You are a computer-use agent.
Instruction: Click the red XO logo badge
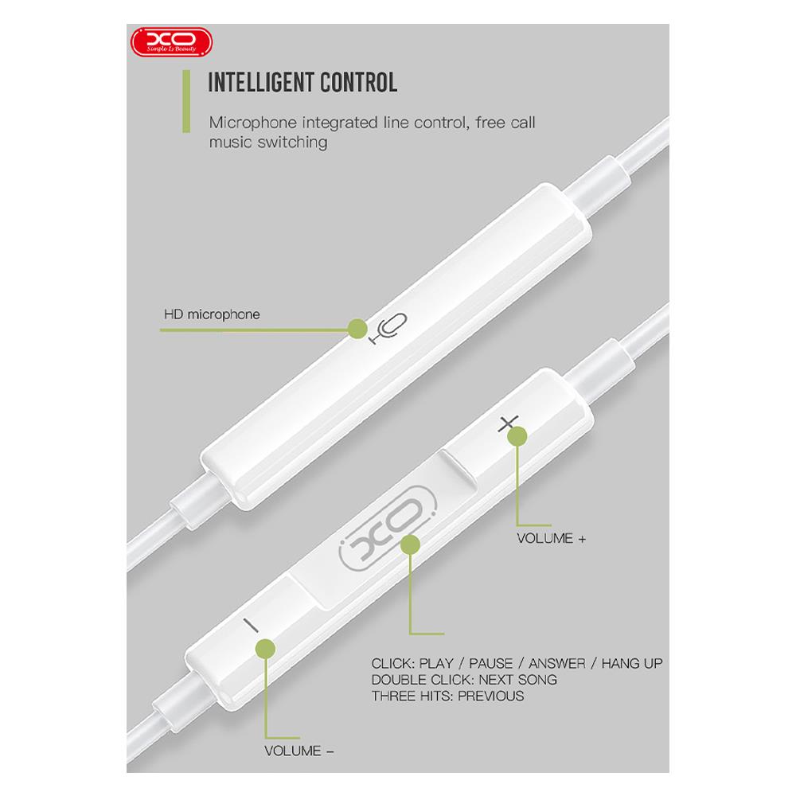pyautogui.click(x=172, y=41)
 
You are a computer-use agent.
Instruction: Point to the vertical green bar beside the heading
pyautogui.click(x=186, y=102)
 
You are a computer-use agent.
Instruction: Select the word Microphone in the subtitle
pyautogui.click(x=253, y=123)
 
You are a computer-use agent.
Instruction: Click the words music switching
pyautogui.click(x=268, y=142)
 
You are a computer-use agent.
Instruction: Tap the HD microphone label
pyautogui.click(x=212, y=314)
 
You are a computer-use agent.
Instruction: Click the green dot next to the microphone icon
pyautogui.click(x=357, y=329)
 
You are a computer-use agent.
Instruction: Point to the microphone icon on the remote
pyautogui.click(x=388, y=329)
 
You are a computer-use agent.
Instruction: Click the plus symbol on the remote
pyautogui.click(x=508, y=423)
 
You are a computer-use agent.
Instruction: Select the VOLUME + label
pyautogui.click(x=552, y=538)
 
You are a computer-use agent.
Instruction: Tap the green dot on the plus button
pyautogui.click(x=517, y=436)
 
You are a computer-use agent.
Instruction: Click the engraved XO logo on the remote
pyautogui.click(x=387, y=528)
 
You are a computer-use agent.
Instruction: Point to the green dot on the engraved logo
pyautogui.click(x=410, y=544)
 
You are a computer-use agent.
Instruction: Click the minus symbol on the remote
pyautogui.click(x=251, y=626)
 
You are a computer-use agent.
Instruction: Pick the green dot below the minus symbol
pyautogui.click(x=265, y=649)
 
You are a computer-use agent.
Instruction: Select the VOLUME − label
pyautogui.click(x=299, y=751)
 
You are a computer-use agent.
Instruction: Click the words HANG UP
pyautogui.click(x=632, y=663)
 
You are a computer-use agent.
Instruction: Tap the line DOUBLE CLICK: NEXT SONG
pyautogui.click(x=464, y=679)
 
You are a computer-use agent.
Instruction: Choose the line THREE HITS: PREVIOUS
pyautogui.click(x=447, y=696)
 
